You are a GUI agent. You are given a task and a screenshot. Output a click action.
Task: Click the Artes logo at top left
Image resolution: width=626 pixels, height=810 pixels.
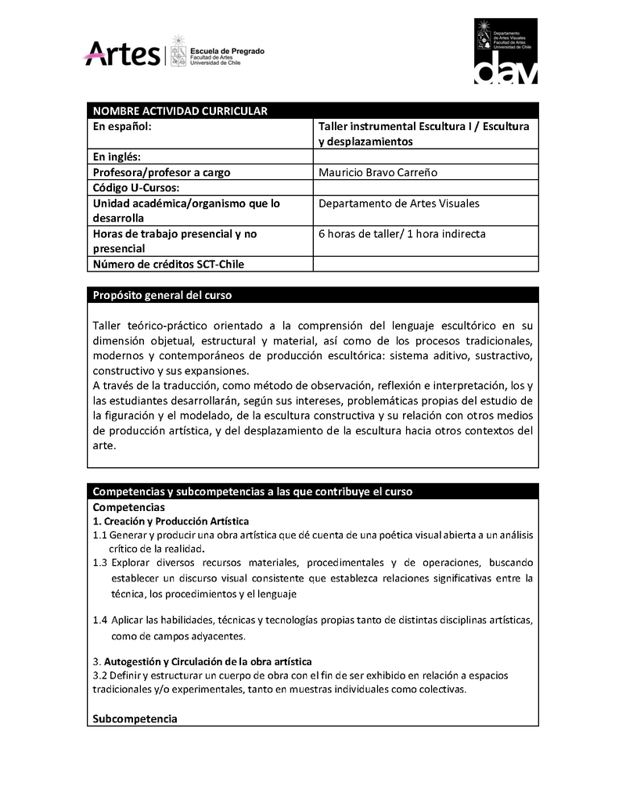122,53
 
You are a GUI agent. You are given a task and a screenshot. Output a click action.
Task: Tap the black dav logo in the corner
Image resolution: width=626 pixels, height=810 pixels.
506,51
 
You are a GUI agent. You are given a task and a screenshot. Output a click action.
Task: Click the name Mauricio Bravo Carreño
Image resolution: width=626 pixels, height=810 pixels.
378,172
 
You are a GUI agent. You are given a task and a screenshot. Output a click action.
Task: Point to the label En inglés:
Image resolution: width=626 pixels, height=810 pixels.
117,157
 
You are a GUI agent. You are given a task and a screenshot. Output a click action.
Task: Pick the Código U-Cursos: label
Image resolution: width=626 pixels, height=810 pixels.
136,188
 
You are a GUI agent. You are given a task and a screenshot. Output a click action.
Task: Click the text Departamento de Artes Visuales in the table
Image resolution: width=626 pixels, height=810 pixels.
399,203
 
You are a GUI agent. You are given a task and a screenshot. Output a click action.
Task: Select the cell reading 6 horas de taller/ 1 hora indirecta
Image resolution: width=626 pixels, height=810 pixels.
402,234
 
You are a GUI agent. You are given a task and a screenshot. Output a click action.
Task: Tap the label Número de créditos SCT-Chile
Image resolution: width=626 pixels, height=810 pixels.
168,265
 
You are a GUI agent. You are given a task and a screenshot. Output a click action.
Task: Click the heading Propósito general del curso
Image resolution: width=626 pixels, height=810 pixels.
162,296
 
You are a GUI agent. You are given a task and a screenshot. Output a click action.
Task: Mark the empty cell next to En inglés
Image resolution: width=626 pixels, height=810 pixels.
426,157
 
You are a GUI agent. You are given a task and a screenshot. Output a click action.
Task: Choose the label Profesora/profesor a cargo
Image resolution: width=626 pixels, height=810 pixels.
161,172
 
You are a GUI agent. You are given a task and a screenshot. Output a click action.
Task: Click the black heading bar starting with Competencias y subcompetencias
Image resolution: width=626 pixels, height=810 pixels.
252,491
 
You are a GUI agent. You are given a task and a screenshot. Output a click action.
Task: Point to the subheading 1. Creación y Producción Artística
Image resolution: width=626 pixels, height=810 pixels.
171,521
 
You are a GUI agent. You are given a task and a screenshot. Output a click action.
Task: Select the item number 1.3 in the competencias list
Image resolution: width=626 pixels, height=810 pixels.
99,563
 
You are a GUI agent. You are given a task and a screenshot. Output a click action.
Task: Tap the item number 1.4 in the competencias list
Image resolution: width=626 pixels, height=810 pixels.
99,620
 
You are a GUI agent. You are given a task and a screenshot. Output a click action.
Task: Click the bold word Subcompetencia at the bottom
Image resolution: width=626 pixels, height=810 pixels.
135,718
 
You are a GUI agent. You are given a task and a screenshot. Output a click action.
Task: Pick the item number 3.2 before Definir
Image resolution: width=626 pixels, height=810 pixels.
99,675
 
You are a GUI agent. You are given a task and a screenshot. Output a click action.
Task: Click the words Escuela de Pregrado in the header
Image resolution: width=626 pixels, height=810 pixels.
228,51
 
